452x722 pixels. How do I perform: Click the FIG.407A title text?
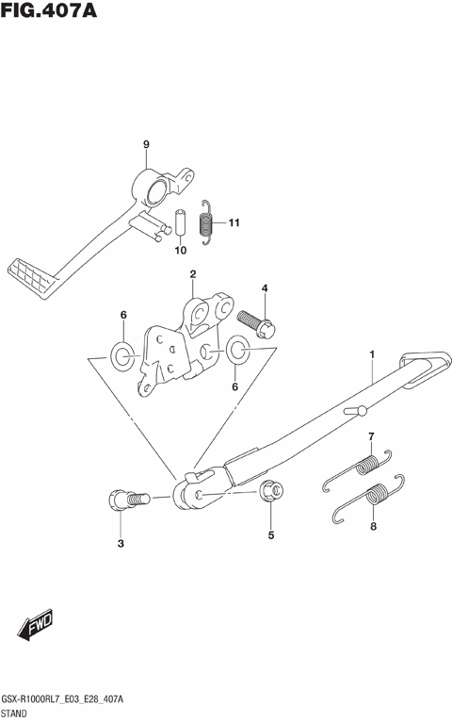(x=49, y=9)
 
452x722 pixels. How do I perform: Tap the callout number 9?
(x=146, y=144)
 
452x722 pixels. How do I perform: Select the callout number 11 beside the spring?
(x=234, y=222)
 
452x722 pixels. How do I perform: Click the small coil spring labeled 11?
(x=206, y=222)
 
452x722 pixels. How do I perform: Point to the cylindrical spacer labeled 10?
(x=179, y=222)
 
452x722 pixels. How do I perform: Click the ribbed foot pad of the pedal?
(x=31, y=278)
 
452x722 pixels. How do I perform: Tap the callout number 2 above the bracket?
(x=193, y=274)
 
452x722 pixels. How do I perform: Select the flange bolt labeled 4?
(x=256, y=324)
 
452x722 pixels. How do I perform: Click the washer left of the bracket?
(x=122, y=356)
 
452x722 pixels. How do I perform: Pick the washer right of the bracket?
(x=237, y=349)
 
